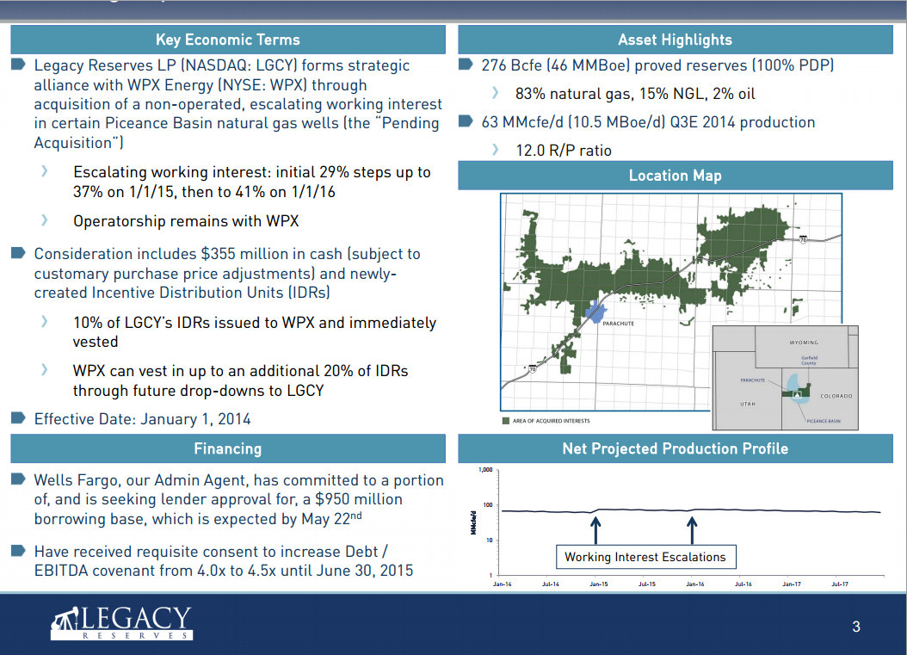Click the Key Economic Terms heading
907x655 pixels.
227,40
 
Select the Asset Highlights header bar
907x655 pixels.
675,40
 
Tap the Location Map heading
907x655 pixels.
675,176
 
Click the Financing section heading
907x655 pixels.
227,448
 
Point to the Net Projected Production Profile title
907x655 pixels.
675,448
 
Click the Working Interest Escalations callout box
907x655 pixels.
645,557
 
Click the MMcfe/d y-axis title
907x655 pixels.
474,522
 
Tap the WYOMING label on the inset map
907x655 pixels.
804,343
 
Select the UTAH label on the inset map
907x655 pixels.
748,403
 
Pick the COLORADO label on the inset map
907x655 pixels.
836,396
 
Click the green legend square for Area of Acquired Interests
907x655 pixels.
506,421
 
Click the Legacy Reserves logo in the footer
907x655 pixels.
120,622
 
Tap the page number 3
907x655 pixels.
855,627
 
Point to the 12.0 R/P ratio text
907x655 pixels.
564,151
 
